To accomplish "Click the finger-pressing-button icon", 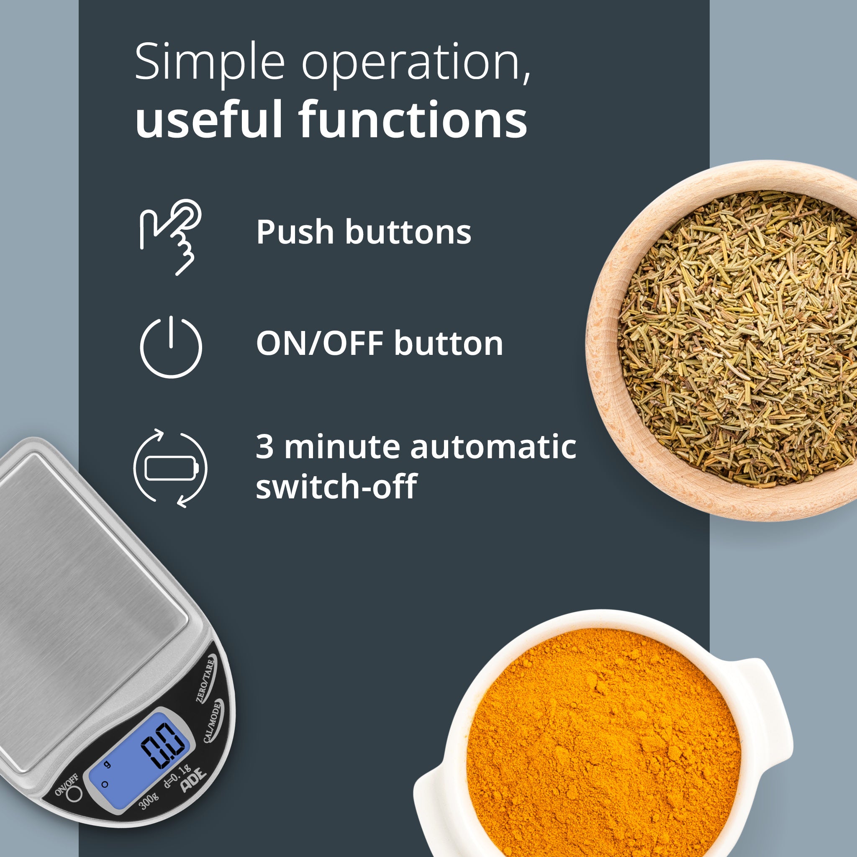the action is tap(171, 237).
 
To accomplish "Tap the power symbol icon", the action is tap(171, 347).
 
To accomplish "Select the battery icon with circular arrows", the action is tap(170, 468).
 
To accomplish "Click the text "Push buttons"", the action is tap(363, 232).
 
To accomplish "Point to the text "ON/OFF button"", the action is tap(380, 343).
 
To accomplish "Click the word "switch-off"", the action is tap(336, 487).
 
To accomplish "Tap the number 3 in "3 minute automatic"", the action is tap(264, 446).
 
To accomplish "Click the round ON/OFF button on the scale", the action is tap(74, 793).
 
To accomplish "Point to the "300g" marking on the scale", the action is tap(149, 801).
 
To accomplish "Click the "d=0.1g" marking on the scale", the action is tap(177, 776).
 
